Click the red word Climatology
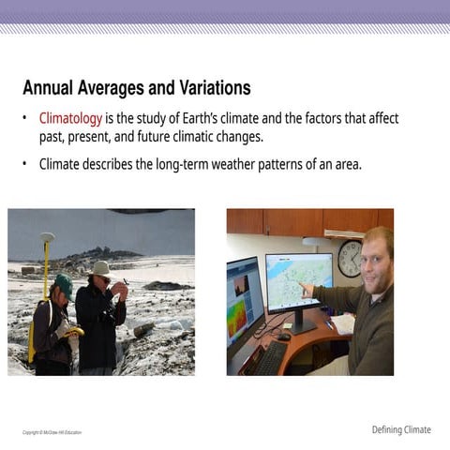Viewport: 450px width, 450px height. [70, 119]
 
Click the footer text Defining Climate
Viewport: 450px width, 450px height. [401, 430]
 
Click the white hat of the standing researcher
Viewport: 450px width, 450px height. [101, 269]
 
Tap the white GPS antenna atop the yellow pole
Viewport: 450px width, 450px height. [47, 238]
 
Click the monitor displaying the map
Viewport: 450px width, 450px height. [298, 280]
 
